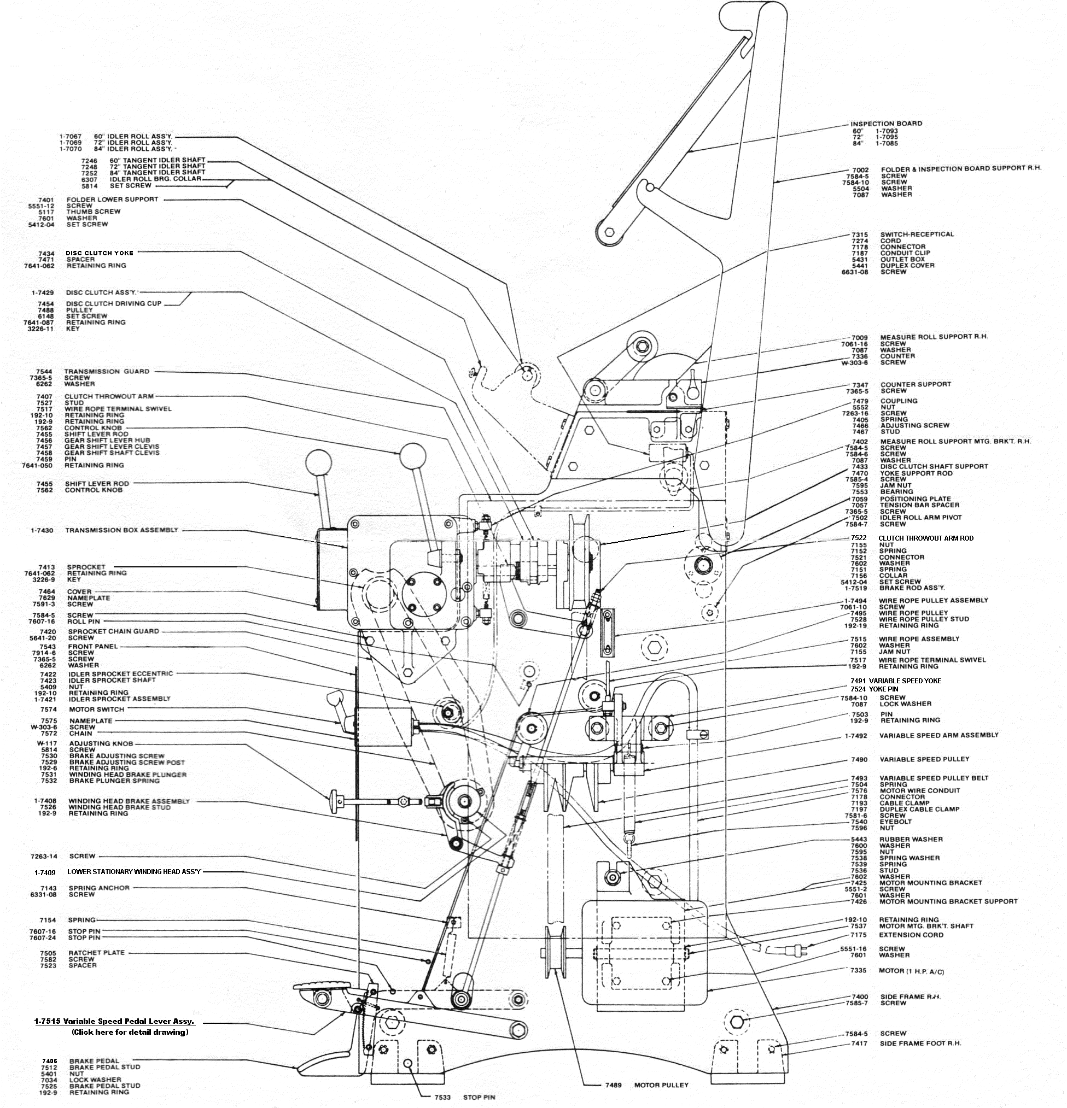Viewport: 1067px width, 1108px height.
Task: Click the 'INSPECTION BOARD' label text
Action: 886,124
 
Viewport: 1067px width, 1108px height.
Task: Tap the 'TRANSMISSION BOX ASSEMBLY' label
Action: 121,530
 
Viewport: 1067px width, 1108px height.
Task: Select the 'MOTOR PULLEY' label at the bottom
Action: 661,1085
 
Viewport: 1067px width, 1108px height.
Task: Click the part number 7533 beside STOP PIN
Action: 442,1097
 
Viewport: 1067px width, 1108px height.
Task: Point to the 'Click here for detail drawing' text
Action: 130,1032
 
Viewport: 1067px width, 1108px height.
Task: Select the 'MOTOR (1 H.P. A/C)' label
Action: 912,971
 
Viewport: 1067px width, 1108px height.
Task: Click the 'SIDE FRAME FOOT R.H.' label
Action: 920,1043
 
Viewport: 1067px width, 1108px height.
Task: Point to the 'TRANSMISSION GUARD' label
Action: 107,371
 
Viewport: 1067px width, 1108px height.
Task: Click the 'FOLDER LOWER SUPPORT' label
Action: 113,200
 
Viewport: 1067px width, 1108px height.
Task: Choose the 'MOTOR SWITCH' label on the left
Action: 97,710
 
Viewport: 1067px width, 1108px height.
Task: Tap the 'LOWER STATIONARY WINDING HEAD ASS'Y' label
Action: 134,872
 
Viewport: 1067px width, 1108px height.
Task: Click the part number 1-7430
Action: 43,531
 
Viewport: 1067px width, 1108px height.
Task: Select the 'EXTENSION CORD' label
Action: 912,935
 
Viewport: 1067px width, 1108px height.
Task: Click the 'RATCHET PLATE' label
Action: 97,953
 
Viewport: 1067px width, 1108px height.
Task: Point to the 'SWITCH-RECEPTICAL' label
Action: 917,234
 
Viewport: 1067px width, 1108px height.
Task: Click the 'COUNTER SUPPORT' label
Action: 916,384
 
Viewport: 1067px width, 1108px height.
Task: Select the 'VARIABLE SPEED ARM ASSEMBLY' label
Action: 938,735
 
